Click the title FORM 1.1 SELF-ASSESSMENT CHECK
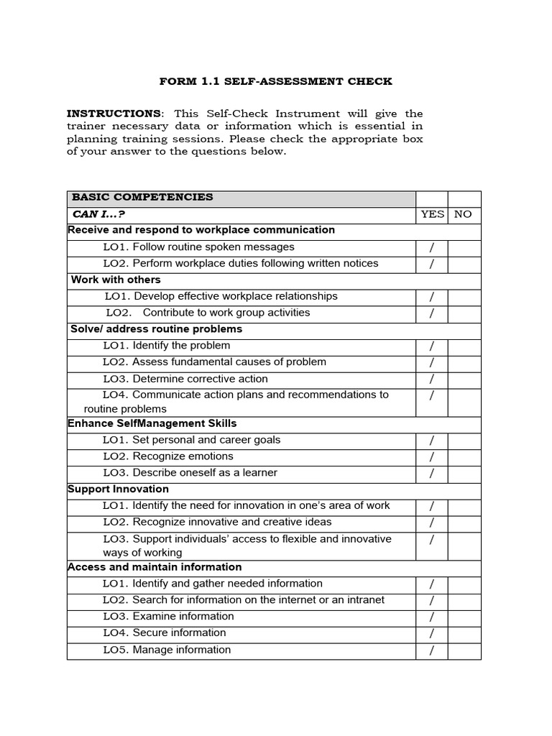point(276,81)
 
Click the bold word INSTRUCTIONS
point(114,114)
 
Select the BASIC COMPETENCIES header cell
point(142,197)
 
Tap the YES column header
point(432,214)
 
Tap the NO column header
point(464,214)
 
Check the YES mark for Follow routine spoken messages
point(432,247)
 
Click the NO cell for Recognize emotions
point(464,456)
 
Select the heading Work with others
point(116,280)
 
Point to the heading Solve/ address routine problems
point(156,329)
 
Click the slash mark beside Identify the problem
point(432,346)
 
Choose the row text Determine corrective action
point(185,379)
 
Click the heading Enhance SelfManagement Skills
point(152,423)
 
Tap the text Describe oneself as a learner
point(190,473)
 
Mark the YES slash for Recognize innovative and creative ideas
point(432,523)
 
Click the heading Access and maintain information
point(155,567)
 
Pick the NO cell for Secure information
point(464,633)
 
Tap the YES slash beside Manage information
point(432,650)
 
